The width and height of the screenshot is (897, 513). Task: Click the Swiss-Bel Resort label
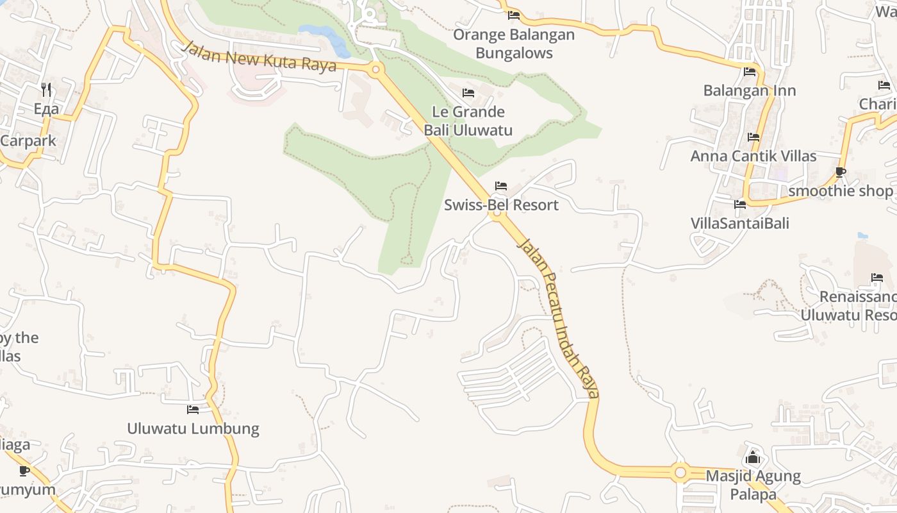click(x=501, y=205)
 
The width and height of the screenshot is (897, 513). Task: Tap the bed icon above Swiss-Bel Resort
click(x=501, y=186)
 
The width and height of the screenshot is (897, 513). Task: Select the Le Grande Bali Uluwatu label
click(x=468, y=121)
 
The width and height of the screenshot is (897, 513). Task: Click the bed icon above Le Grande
click(x=468, y=93)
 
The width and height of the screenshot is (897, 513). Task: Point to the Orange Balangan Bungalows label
click(x=514, y=44)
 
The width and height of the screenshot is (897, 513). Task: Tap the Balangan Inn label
click(x=750, y=90)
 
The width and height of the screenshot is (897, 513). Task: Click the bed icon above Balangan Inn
click(x=750, y=72)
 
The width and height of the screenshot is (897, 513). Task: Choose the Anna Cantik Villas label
click(x=753, y=156)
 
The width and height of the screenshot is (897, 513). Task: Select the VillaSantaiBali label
click(x=740, y=223)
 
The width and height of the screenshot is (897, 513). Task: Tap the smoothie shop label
click(x=840, y=191)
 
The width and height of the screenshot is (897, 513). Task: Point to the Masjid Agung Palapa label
click(x=753, y=485)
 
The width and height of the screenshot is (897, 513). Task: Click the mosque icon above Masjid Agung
click(x=753, y=458)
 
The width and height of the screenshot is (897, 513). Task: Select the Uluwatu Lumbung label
click(x=193, y=428)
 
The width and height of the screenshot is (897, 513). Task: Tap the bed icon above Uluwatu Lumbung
click(x=193, y=409)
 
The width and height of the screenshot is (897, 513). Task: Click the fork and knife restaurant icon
click(x=46, y=89)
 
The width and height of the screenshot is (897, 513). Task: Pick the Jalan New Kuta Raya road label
click(x=259, y=57)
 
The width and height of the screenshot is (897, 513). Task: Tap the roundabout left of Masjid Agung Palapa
click(x=680, y=473)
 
